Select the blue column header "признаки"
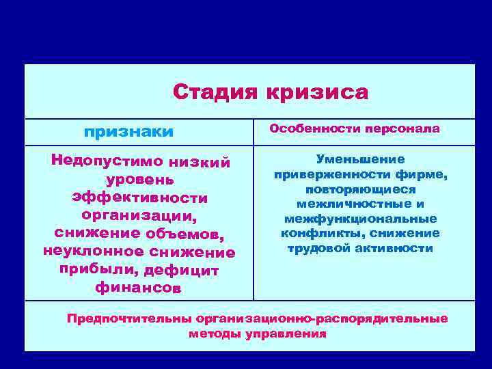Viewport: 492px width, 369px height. click(x=128, y=131)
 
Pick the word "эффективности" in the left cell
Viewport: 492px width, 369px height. click(x=139, y=197)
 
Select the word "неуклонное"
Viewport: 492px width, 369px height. click(x=90, y=252)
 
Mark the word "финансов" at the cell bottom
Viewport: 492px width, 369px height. click(x=139, y=288)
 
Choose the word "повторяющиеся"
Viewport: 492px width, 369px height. click(x=360, y=189)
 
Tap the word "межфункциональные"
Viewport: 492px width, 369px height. click(x=360, y=219)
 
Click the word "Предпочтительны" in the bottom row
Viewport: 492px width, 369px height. click(x=128, y=319)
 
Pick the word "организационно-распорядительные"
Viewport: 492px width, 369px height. click(x=321, y=319)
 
